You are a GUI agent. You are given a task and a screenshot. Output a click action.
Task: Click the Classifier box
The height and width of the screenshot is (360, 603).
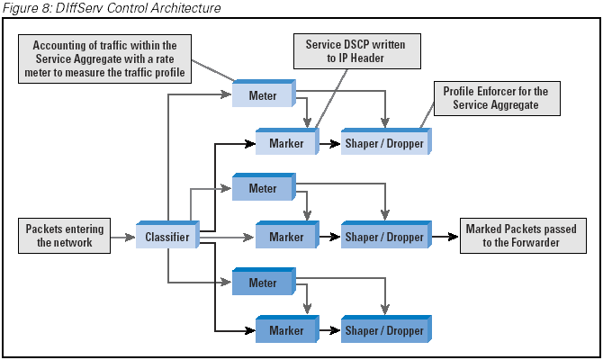click(166, 238)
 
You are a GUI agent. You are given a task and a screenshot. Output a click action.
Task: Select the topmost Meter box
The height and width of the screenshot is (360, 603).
click(263, 94)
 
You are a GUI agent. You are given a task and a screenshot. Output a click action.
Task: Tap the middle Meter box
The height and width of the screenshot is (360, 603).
click(263, 189)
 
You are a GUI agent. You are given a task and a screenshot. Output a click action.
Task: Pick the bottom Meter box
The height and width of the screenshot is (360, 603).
click(263, 283)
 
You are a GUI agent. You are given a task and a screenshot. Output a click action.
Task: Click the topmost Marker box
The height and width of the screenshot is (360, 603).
click(286, 142)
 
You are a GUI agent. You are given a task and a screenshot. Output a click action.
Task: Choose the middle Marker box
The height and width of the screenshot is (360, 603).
click(286, 237)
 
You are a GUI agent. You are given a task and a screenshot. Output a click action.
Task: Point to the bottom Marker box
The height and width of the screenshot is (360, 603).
click(286, 330)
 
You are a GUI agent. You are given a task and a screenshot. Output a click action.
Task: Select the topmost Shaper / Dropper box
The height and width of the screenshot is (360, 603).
click(384, 142)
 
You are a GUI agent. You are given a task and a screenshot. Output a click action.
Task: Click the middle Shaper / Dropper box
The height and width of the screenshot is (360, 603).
click(384, 237)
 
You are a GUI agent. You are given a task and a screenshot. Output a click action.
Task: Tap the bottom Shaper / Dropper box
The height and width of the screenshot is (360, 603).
click(384, 330)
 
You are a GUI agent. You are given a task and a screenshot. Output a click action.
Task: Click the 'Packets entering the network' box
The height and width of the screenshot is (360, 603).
click(65, 236)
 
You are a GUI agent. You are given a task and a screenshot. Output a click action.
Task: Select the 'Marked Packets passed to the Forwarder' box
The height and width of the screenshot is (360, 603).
click(520, 236)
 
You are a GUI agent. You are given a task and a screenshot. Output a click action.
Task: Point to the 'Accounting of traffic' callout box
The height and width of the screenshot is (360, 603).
click(105, 59)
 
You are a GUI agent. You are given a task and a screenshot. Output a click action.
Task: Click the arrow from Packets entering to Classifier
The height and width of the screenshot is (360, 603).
click(122, 238)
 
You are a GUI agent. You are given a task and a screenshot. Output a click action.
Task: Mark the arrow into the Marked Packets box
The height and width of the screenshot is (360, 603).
click(445, 238)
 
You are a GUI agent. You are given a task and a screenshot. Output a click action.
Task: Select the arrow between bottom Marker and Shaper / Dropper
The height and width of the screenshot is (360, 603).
click(328, 331)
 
